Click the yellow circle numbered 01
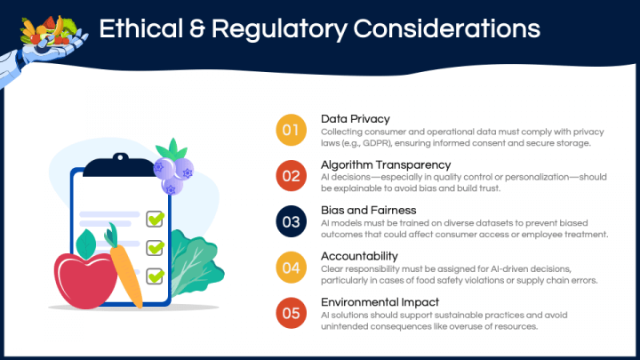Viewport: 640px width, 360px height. pyautogui.click(x=291, y=130)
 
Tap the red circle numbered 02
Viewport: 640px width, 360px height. pyautogui.click(x=291, y=176)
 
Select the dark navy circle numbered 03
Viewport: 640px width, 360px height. pyautogui.click(x=291, y=221)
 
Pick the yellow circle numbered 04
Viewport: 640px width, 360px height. pyautogui.click(x=291, y=268)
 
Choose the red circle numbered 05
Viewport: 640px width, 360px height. pyautogui.click(x=291, y=313)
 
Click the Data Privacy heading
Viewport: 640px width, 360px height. pyautogui.click(x=355, y=119)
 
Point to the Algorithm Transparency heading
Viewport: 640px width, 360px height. pyautogui.click(x=386, y=164)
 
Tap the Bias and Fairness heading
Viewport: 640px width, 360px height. pyautogui.click(x=369, y=210)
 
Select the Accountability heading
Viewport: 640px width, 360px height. pyautogui.click(x=359, y=256)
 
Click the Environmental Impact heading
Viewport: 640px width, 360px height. pyautogui.click(x=380, y=302)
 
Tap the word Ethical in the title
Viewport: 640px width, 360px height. pyautogui.click(x=140, y=29)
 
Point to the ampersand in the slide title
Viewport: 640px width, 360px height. pyautogui.click(x=196, y=29)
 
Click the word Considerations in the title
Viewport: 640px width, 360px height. pyautogui.click(x=446, y=29)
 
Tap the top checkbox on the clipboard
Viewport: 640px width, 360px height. pyautogui.click(x=155, y=220)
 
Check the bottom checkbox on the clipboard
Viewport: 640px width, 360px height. pyautogui.click(x=155, y=276)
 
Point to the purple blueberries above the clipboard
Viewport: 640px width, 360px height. pyautogui.click(x=173, y=172)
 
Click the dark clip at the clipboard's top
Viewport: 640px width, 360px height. pyautogui.click(x=119, y=165)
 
